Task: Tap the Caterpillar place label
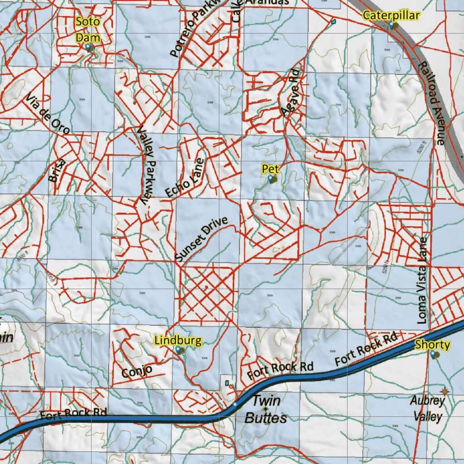[x=391, y=16]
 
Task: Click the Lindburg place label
[x=178, y=340]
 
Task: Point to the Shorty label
[x=433, y=345]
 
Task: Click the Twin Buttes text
[x=266, y=409]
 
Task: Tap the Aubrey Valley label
[x=428, y=408]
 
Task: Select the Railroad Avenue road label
[x=432, y=103]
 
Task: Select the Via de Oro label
[x=48, y=114]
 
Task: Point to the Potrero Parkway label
[x=192, y=29]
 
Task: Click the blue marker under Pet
[x=271, y=179]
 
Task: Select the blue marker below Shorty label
[x=433, y=354]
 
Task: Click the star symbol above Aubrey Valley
[x=444, y=391]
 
